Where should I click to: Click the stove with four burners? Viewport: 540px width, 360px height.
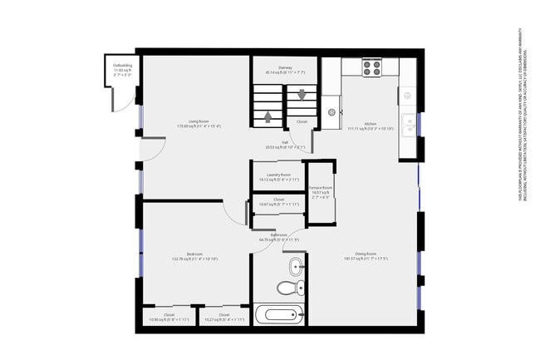[371, 67]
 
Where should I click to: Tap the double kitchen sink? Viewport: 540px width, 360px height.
[409, 125]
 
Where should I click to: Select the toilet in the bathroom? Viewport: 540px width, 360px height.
[286, 288]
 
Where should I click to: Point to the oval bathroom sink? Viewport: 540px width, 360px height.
[296, 267]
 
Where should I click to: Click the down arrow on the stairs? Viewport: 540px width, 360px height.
[302, 95]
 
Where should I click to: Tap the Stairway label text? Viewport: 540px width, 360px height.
[285, 68]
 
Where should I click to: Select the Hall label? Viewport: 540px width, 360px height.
[285, 142]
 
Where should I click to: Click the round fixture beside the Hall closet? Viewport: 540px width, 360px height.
[333, 110]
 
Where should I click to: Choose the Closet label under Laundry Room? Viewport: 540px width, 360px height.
[278, 200]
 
